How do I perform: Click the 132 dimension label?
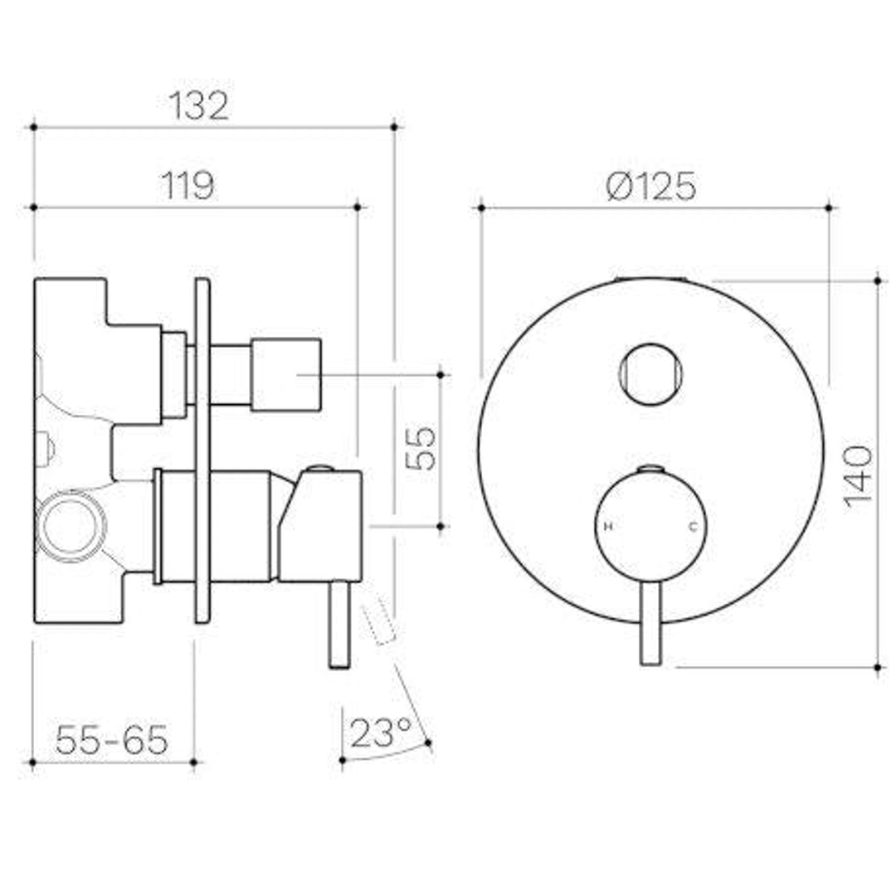(x=199, y=105)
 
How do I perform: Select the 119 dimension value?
(x=188, y=185)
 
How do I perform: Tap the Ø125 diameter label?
(x=651, y=186)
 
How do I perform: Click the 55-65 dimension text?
(x=112, y=739)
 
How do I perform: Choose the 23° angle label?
(x=381, y=733)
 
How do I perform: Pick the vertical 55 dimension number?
(x=421, y=448)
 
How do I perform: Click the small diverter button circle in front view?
(x=651, y=374)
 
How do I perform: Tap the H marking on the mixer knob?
(x=609, y=526)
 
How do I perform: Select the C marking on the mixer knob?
(x=694, y=526)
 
